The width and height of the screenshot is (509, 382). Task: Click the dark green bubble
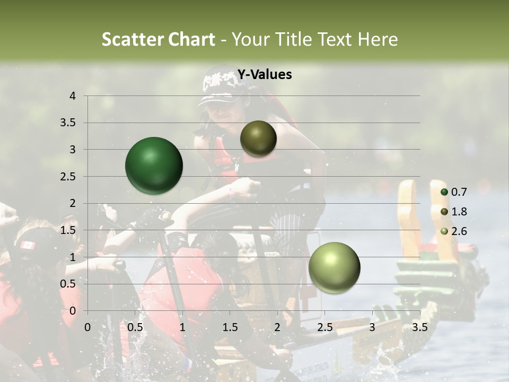154,166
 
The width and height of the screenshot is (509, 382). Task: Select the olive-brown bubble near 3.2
258,138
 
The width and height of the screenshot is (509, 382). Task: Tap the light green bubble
334,267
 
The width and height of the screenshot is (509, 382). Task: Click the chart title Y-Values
264,75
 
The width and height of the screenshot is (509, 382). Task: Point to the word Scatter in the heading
131,39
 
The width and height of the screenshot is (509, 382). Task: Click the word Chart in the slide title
190,39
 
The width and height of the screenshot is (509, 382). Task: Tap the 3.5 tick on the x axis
420,327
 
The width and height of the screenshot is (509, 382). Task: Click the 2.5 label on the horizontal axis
325,327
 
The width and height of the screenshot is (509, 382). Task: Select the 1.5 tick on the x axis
230,327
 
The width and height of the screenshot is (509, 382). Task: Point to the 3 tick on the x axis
372,327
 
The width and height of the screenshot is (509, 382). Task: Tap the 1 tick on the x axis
182,327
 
